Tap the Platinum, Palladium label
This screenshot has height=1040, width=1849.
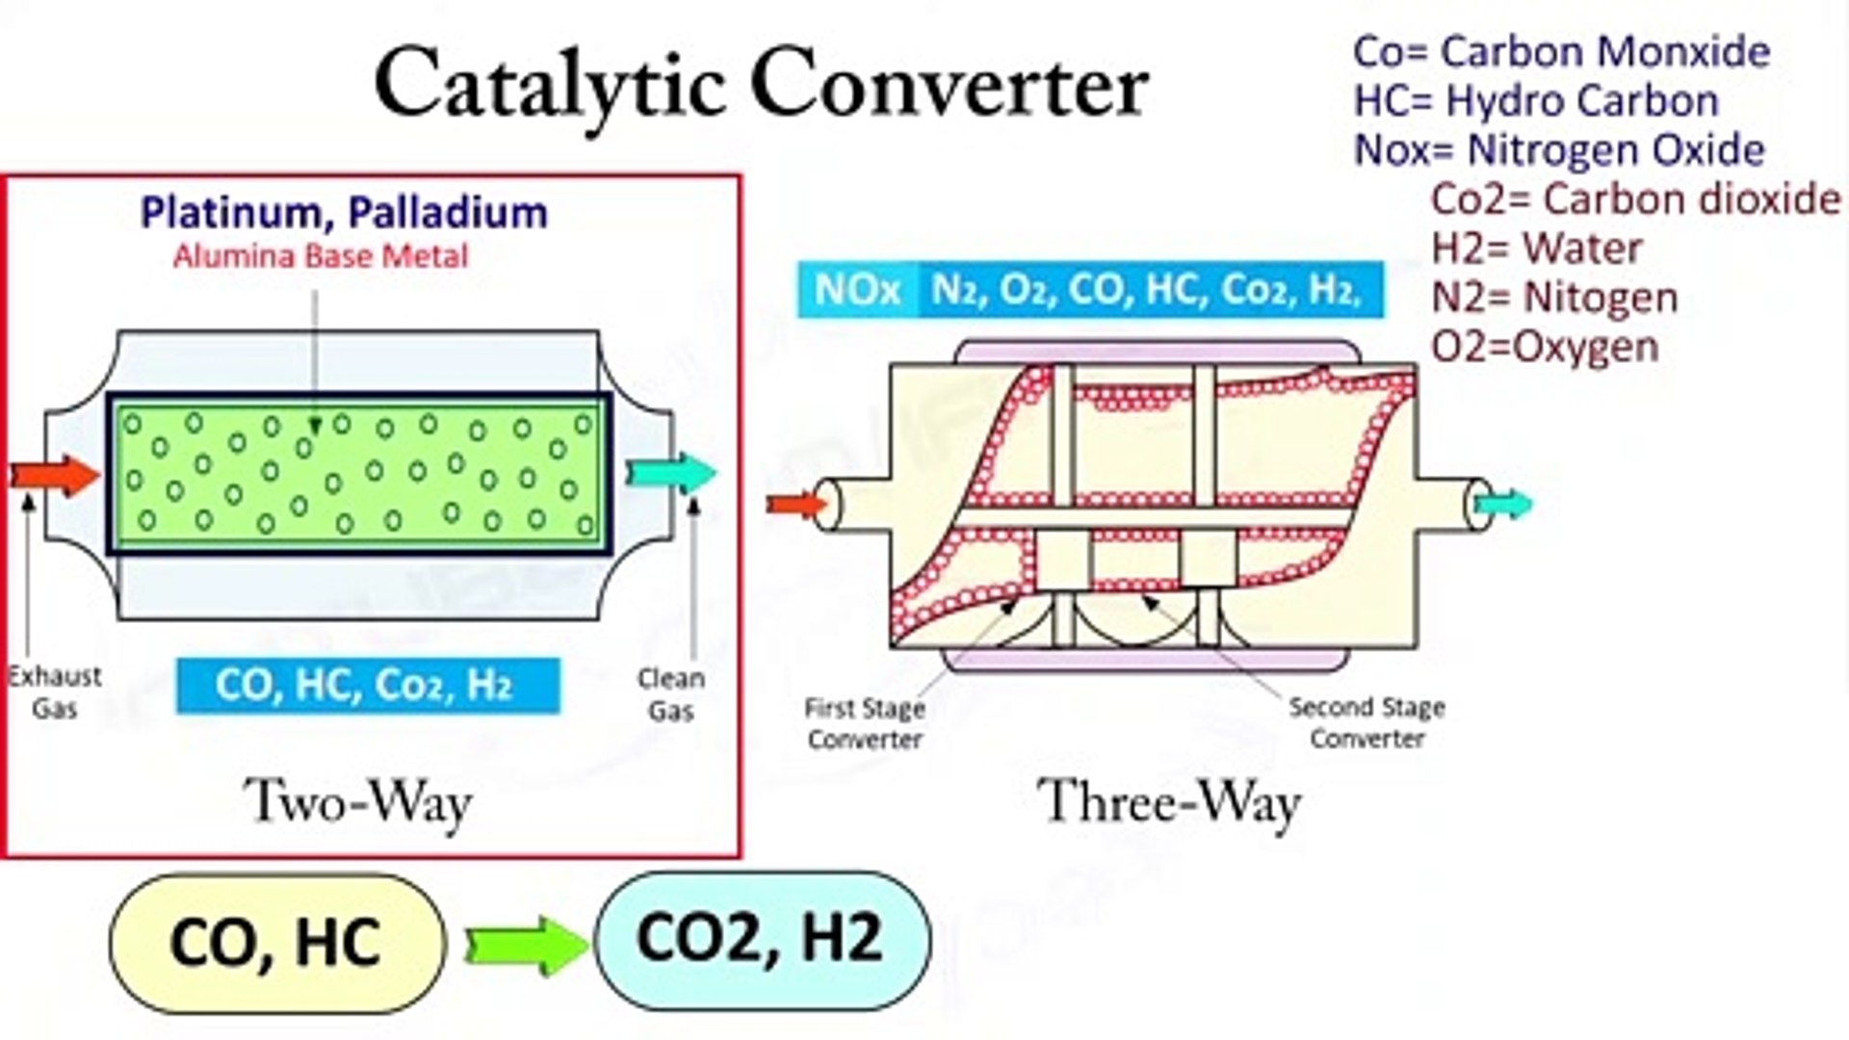[344, 213]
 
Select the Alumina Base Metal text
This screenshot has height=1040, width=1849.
[321, 256]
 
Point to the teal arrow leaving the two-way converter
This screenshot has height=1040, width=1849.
[672, 473]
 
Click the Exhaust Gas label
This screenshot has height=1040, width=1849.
[54, 692]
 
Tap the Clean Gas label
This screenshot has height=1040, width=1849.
[671, 694]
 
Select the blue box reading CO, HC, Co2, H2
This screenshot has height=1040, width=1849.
[367, 685]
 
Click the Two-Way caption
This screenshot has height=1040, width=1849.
[358, 802]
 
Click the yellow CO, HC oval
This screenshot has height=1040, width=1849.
[277, 942]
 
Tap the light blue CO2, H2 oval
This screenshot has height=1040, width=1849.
[762, 938]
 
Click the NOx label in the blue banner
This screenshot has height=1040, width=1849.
[857, 289]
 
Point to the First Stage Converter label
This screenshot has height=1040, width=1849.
[865, 723]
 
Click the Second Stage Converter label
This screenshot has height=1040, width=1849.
[1367, 722]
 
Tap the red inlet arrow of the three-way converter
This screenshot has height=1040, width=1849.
[795, 505]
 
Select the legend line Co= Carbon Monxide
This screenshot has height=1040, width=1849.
[1561, 52]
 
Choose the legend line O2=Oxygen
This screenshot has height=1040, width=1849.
[1545, 347]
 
